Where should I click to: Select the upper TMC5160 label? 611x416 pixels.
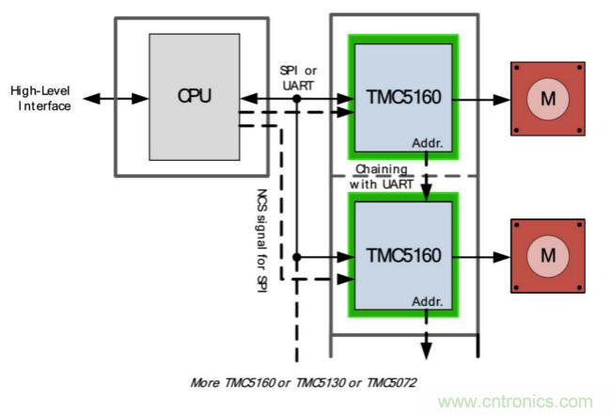coord(403,96)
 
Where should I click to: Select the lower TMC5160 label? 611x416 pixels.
coord(403,254)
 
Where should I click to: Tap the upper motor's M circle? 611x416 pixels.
coord(548,96)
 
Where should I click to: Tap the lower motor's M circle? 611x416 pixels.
coord(548,254)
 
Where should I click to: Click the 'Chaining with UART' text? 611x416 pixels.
coord(381,176)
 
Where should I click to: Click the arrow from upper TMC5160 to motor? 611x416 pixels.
coord(483,96)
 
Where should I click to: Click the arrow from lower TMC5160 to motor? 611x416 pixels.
coord(483,254)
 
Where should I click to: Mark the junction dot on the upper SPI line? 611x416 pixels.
coord(296,97)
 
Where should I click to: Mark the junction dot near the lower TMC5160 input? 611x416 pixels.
coord(296,255)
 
